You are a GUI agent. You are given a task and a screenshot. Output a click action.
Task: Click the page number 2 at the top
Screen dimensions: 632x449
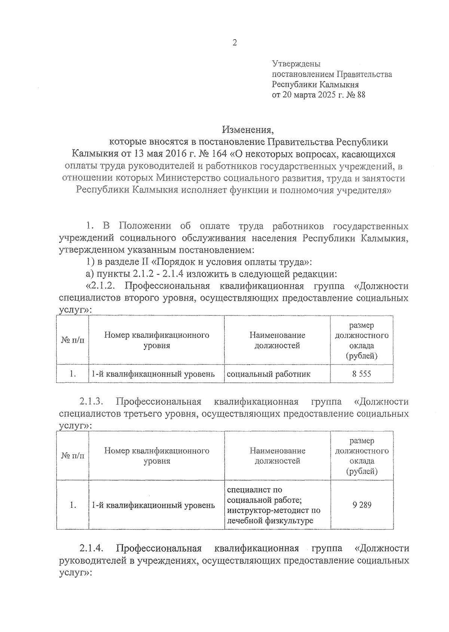[x=235, y=43]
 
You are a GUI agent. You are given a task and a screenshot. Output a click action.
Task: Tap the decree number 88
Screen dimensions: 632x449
[x=361, y=95]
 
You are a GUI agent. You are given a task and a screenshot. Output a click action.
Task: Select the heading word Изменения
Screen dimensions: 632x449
[x=248, y=130]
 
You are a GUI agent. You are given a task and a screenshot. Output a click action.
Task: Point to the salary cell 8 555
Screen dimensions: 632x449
[x=361, y=374]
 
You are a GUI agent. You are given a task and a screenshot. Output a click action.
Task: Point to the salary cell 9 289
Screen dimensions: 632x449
[x=361, y=505]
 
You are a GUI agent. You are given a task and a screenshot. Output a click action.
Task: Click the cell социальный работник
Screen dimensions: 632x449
[x=269, y=374]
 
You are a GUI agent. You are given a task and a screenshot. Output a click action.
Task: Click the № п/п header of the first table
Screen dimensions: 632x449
[x=73, y=340]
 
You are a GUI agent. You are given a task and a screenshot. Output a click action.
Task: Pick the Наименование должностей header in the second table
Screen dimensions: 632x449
[x=277, y=456]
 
